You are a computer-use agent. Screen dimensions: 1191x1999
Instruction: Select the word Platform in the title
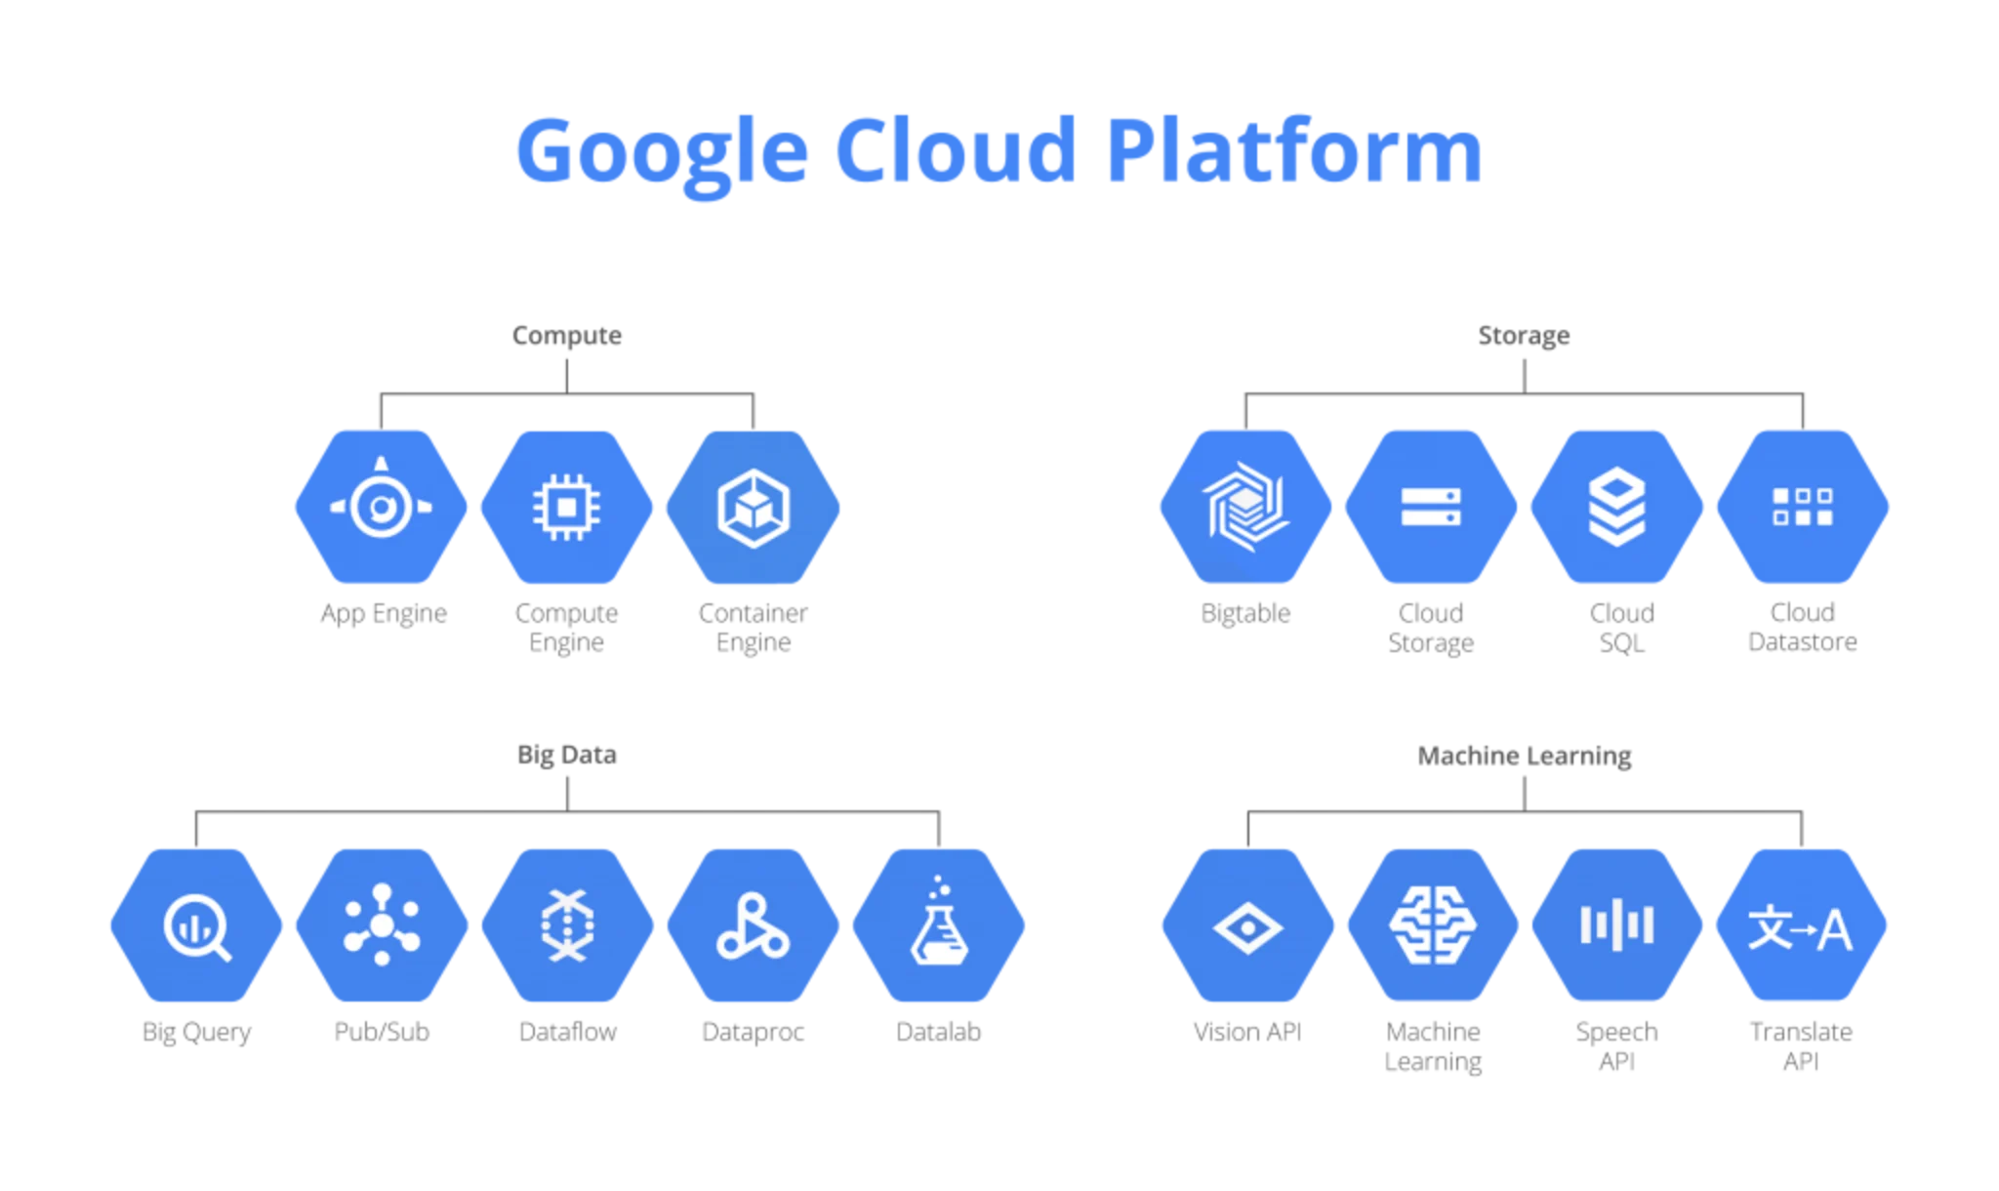(1294, 152)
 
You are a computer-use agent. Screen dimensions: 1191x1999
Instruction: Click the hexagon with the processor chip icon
(567, 507)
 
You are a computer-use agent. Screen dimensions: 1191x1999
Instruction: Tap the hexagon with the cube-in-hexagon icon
(754, 507)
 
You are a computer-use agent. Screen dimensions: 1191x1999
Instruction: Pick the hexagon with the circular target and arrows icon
(381, 507)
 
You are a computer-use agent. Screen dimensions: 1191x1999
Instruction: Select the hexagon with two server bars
(1431, 507)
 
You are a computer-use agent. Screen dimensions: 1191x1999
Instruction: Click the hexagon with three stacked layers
(1616, 507)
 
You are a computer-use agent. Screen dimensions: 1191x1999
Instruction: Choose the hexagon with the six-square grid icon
(1803, 507)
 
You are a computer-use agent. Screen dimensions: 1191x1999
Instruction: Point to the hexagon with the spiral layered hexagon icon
(1245, 507)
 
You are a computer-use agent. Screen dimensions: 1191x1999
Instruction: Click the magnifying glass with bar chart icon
(195, 925)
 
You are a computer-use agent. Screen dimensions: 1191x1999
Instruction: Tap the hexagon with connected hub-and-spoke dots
(382, 925)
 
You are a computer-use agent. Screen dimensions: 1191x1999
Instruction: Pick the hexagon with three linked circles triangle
(754, 925)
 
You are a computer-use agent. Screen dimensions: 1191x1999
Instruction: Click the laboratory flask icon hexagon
(939, 925)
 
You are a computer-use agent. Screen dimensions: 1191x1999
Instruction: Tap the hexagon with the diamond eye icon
(1246, 925)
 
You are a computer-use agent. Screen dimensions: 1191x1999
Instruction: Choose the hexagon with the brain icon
(1432, 925)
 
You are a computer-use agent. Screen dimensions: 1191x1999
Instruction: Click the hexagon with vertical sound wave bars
(1617, 925)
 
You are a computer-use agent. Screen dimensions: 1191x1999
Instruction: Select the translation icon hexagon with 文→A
(1801, 925)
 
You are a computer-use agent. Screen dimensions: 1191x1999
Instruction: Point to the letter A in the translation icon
(1835, 929)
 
